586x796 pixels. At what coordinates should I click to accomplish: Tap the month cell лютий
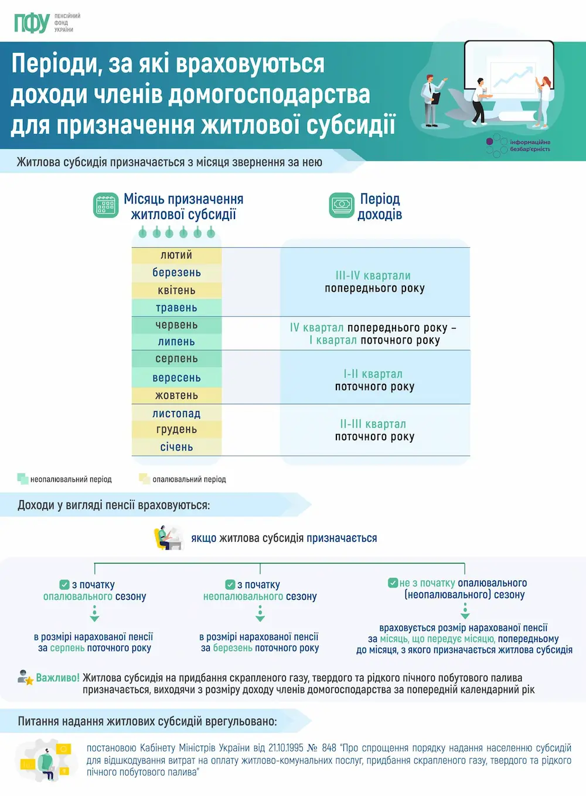pos(176,255)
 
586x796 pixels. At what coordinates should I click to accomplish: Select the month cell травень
pos(176,308)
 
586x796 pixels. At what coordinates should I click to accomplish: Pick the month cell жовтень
pos(176,396)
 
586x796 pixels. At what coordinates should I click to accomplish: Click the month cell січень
pos(176,447)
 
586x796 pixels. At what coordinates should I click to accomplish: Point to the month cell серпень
pos(176,359)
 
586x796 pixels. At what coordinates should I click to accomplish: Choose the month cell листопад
pos(176,414)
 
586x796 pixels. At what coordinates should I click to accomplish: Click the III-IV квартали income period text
pos(373,276)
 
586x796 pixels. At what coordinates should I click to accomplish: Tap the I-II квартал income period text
pos(373,374)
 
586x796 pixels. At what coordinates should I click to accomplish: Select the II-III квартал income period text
pos(373,424)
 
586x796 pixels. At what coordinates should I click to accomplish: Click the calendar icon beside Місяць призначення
pos(106,206)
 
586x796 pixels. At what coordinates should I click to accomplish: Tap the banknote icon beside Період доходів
pos(342,205)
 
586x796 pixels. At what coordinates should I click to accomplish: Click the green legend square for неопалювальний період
pos(23,479)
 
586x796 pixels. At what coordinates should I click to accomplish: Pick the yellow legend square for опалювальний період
pos(144,479)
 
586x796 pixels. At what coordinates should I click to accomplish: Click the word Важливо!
pos(57,678)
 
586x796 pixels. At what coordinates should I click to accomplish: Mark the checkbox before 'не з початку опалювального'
pos(393,583)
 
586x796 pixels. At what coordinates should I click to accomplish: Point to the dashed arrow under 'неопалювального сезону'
pos(260,614)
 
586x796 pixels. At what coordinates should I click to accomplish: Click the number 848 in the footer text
pos(329,748)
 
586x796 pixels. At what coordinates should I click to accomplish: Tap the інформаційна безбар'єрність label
pos(530,146)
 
